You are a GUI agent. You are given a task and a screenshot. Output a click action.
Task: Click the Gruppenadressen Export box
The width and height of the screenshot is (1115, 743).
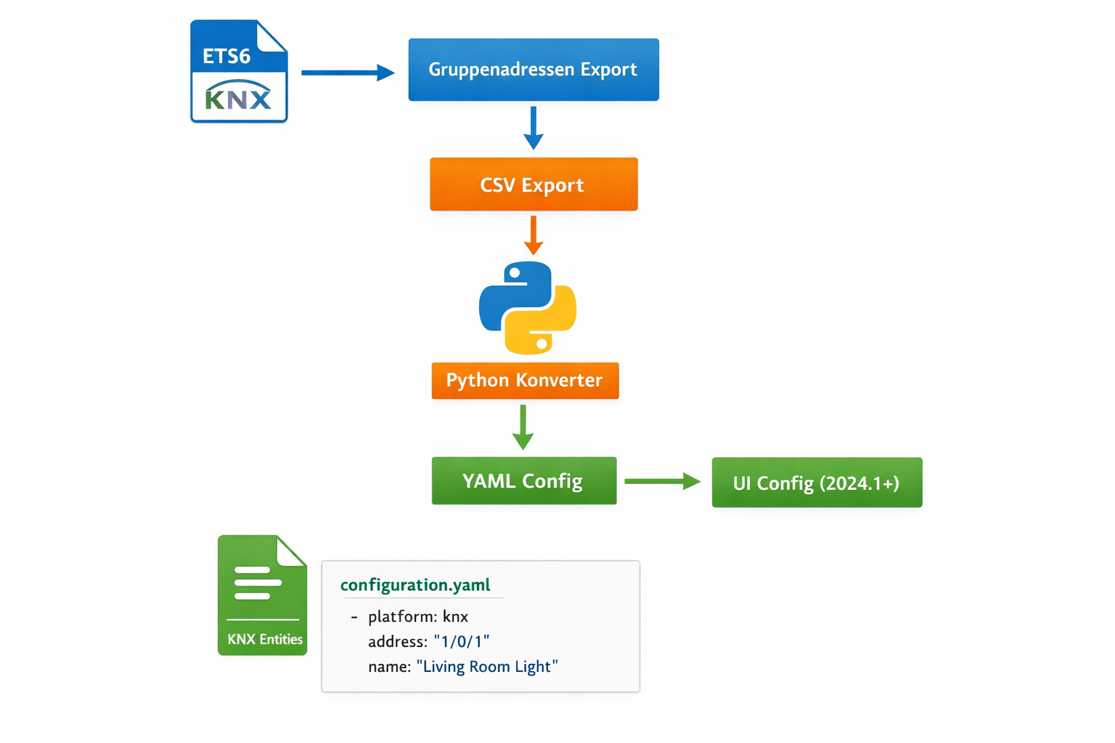pos(534,70)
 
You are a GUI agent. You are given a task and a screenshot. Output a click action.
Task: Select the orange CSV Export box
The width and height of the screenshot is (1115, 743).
pos(534,184)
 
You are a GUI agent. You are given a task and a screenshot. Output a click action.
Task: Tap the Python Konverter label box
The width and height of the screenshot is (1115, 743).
pos(525,380)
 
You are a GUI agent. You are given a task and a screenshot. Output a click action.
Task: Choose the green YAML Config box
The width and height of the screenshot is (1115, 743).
pos(523,480)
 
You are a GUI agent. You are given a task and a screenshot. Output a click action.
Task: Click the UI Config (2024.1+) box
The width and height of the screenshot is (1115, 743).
pos(817,483)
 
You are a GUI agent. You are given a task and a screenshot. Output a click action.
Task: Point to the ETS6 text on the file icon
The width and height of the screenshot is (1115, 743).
pos(226,56)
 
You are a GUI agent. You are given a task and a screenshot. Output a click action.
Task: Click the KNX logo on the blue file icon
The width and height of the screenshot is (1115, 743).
pos(239,97)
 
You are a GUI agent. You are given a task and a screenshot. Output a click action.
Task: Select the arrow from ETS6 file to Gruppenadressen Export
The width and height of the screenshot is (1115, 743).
pos(347,73)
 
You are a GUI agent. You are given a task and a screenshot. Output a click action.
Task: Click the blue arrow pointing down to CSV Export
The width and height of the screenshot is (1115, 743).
pos(534,128)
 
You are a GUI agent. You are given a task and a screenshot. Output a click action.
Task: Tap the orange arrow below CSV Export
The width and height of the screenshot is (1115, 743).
pos(534,234)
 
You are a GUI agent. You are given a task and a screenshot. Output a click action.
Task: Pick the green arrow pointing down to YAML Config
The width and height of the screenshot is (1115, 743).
pos(523,427)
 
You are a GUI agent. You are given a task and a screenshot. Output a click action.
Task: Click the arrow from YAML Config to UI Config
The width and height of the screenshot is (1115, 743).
pos(661,481)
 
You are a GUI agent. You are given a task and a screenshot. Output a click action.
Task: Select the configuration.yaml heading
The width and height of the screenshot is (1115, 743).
pos(415,585)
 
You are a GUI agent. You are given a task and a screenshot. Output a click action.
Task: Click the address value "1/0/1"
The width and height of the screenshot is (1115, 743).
pos(462,641)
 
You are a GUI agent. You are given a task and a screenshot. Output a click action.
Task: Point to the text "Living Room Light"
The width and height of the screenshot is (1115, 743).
pos(487,666)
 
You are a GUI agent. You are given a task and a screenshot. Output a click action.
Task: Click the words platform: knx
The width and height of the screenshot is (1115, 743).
pos(417,617)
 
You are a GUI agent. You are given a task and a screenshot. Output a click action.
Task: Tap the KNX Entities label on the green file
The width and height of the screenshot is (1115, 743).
pos(264,639)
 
